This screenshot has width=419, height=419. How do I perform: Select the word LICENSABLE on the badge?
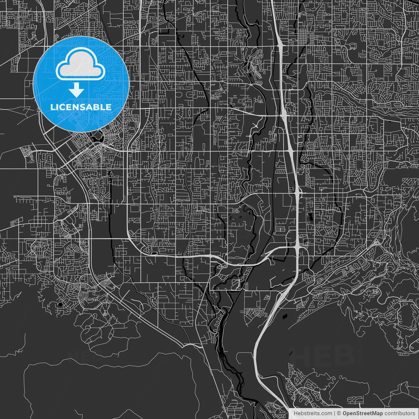pyautogui.click(x=81, y=107)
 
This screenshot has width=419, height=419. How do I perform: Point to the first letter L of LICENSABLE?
pyautogui.click(x=52, y=107)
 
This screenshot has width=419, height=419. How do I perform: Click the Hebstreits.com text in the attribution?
pyautogui.click(x=313, y=413)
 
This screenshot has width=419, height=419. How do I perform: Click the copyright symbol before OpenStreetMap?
pyautogui.click(x=339, y=413)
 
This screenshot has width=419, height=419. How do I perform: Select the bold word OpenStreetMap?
pyautogui.click(x=362, y=413)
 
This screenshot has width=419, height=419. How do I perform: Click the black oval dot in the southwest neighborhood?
pyautogui.click(x=60, y=304)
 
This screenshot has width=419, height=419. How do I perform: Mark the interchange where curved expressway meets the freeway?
pyautogui.click(x=297, y=248)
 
